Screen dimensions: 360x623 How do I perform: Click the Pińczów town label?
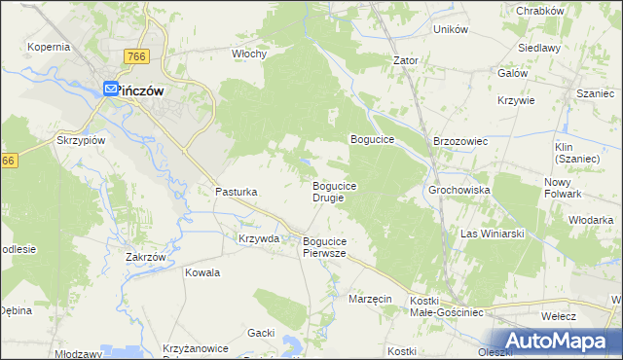141,90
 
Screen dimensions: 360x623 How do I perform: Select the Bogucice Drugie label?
335,192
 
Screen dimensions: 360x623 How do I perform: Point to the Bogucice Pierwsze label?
325,247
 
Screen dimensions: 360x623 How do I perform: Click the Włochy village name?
249,54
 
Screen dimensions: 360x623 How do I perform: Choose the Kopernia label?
49,47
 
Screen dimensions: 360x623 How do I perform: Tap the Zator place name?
405,60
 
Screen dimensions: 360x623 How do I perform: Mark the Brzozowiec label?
459,141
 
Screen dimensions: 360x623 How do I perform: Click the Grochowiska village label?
458,191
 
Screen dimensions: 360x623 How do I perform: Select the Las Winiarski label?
493,234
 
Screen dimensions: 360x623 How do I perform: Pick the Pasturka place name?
236,193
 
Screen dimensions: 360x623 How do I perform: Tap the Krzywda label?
259,238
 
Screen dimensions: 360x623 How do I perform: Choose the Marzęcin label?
370,299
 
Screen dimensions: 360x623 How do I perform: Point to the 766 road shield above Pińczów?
136,58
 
